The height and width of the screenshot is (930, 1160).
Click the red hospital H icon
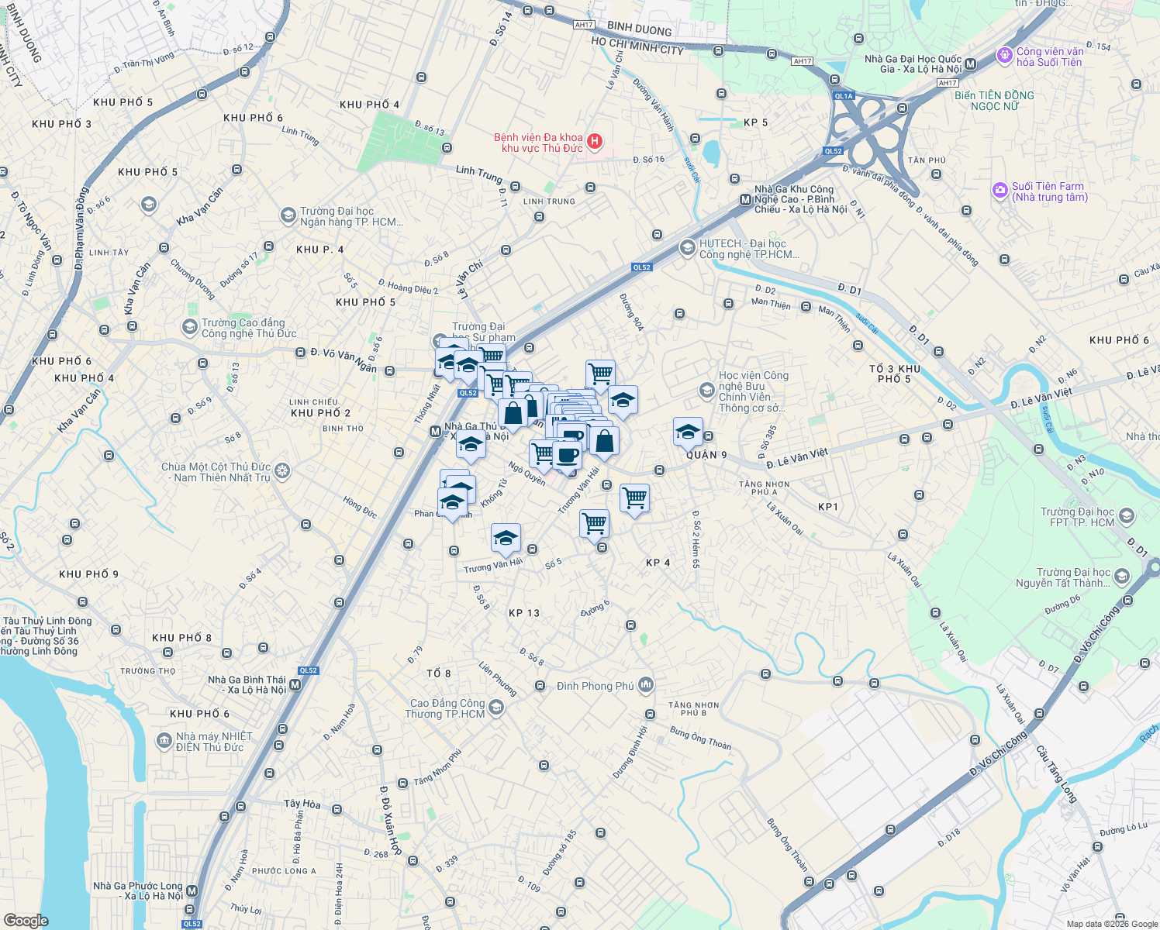tap(595, 141)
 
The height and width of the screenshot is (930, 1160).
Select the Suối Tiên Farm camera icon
tap(1000, 190)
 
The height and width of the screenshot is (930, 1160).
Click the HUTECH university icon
tap(687, 248)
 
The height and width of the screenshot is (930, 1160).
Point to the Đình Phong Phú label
tap(595, 686)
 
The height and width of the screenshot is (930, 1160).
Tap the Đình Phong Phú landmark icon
tap(646, 685)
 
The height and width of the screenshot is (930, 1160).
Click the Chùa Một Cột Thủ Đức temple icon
tap(282, 471)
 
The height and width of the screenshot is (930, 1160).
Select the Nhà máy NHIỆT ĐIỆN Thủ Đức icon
tap(164, 741)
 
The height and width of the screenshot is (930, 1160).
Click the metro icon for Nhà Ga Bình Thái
tap(295, 684)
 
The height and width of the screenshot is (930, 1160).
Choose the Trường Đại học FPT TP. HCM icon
tap(1127, 516)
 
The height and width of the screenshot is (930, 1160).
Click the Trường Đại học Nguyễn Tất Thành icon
tap(1121, 577)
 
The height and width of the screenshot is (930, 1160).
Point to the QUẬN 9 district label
tap(706, 455)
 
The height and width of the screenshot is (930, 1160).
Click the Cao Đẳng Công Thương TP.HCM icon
tap(496, 708)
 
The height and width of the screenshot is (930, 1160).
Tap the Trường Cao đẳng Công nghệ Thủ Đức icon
tap(189, 327)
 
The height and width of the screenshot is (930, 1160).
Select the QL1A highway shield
tap(843, 96)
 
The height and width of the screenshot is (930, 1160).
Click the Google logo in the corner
tap(26, 921)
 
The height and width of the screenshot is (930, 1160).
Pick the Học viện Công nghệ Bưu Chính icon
tap(706, 391)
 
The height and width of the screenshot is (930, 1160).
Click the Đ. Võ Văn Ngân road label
tap(344, 359)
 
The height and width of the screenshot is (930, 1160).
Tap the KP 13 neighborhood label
tap(524, 613)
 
